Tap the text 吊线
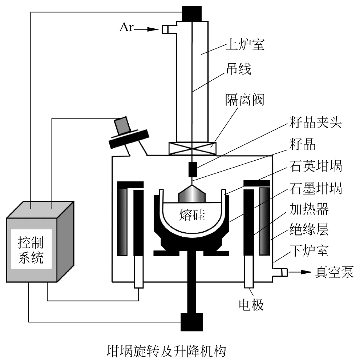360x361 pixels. [239, 69]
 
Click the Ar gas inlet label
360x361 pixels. [126, 28]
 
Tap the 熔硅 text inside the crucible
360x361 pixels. [192, 215]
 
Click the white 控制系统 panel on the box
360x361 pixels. [31, 249]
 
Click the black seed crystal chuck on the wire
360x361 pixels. [193, 169]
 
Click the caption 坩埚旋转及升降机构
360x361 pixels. [166, 351]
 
